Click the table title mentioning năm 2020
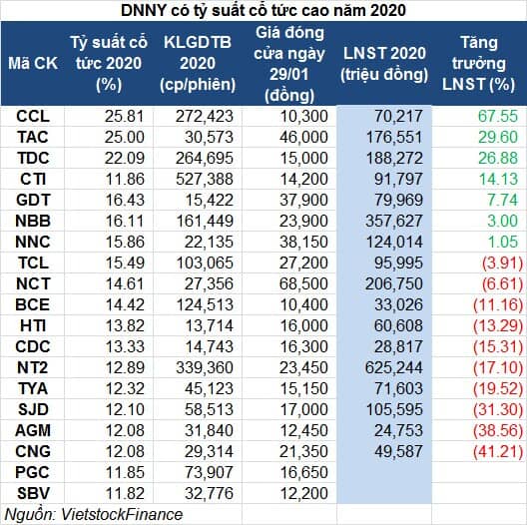tap(263, 11)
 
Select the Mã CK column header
tap(31, 62)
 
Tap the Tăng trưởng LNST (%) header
tap(487, 62)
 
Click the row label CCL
tap(31, 116)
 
